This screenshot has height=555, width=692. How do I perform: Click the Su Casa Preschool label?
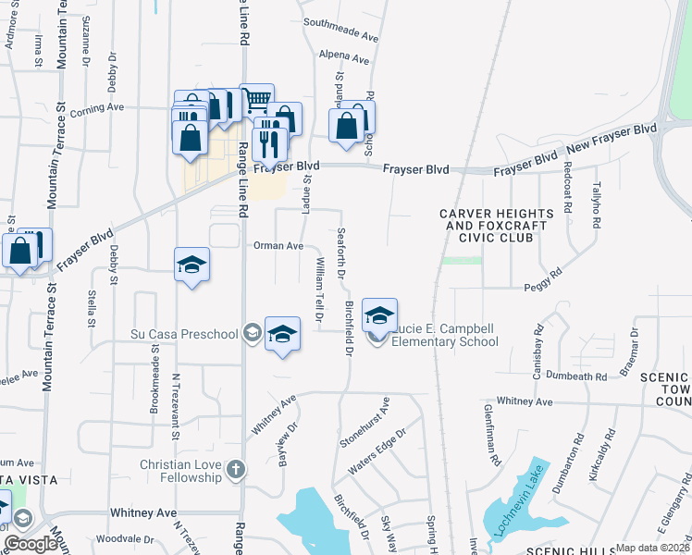tap(188, 333)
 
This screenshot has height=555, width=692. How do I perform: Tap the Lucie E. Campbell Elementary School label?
tap(444, 335)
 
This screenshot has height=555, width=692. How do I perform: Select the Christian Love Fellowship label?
tap(181, 471)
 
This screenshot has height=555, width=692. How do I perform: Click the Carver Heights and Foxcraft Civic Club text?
tap(497, 226)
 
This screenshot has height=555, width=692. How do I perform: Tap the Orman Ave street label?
tap(278, 246)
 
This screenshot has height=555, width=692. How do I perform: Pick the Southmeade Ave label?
tap(341, 37)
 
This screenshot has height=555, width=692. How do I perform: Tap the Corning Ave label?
tap(101, 107)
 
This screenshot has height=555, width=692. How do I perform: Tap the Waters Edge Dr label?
tap(377, 451)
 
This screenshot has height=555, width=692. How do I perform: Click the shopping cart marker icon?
tap(256, 99)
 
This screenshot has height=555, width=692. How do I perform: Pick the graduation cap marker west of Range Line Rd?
tap(192, 265)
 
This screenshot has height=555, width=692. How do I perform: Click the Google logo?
tap(31, 544)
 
